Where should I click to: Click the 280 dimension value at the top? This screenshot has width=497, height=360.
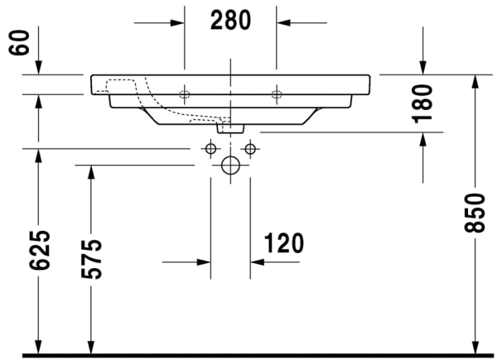click(230, 21)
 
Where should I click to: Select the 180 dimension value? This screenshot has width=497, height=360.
click(423, 102)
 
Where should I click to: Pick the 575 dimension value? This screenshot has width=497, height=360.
click(91, 258)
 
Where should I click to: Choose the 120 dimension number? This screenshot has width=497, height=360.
click(284, 243)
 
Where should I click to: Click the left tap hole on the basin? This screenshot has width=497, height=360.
click(184, 94)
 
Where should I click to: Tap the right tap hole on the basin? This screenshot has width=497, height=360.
click(277, 94)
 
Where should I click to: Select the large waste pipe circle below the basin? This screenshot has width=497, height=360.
click(230, 166)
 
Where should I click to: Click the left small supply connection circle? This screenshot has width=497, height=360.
click(210, 149)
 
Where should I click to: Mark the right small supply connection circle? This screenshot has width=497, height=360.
click(249, 149)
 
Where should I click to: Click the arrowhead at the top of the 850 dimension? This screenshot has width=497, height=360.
click(474, 80)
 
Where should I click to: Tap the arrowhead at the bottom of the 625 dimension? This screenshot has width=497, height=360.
click(37, 348)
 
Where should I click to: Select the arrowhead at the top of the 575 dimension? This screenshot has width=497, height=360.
click(91, 170)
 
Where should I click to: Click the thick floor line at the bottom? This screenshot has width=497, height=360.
click(248, 356)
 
